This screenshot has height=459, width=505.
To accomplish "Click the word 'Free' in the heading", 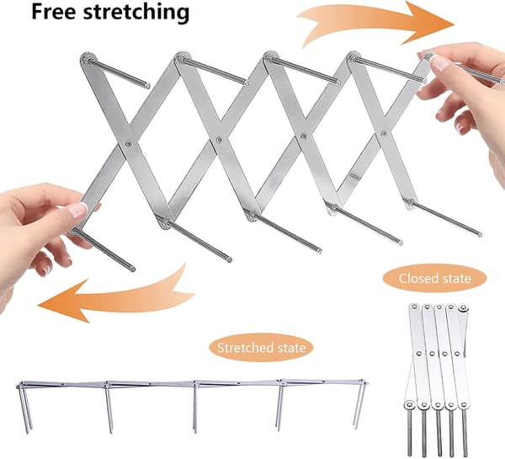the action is point(54,12).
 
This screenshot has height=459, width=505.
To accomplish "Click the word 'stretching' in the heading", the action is point(136,13).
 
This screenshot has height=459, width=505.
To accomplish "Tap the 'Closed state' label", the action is point(434,278).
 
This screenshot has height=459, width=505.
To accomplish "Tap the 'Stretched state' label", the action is point(261,348).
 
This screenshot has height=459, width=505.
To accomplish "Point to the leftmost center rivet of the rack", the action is point(129,144).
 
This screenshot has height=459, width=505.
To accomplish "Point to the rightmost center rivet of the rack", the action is point(383,132).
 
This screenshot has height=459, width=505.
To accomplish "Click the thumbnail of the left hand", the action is point(78,210).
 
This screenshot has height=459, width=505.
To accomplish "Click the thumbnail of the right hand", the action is point(439,63).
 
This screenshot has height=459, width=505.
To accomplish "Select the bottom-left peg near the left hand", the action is point(103,249).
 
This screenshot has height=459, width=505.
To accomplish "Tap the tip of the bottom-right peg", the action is point(480,234).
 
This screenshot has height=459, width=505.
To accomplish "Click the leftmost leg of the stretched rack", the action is point(24,408).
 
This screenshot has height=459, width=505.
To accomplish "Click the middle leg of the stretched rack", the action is point(195,408).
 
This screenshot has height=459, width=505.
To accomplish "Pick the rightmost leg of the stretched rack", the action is point(359,406).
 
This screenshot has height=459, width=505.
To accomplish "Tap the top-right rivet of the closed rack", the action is point(463,307).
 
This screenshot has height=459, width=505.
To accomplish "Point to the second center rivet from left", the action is point(219,140).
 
